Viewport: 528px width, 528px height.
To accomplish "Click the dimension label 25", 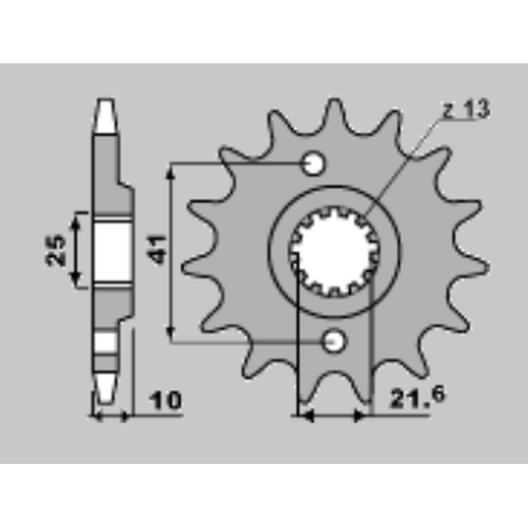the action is tap(56, 250).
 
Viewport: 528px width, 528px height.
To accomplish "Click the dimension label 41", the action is tap(156, 250).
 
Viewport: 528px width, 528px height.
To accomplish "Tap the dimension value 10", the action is tap(165, 401).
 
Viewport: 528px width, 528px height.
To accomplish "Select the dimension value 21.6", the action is tap(417, 398).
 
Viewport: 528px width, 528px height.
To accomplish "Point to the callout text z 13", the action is tap(466, 109).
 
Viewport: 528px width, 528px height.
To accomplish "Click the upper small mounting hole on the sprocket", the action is tap(314, 164).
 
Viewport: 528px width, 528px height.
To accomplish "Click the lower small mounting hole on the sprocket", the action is tap(333, 342).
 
